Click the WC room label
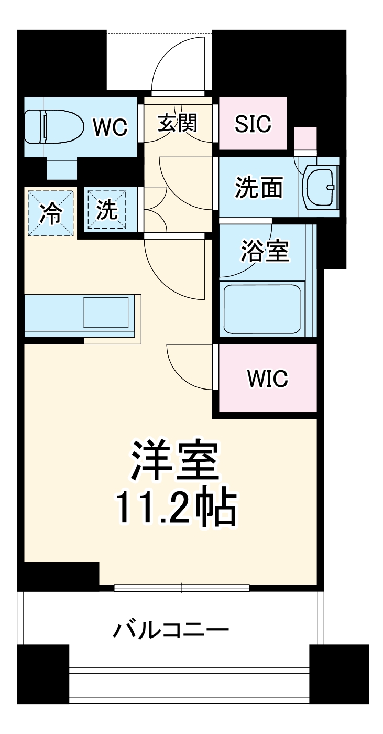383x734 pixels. [x=110, y=126]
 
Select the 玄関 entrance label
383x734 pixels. [x=178, y=124]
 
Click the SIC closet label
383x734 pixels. [x=253, y=124]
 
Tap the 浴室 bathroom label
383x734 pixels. [x=265, y=251]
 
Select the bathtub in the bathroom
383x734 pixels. [x=262, y=309]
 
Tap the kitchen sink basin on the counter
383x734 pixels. [x=106, y=313]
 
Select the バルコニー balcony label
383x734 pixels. [x=171, y=629]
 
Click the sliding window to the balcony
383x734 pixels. [x=182, y=588]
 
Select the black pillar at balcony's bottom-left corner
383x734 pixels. [x=43, y=674]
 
